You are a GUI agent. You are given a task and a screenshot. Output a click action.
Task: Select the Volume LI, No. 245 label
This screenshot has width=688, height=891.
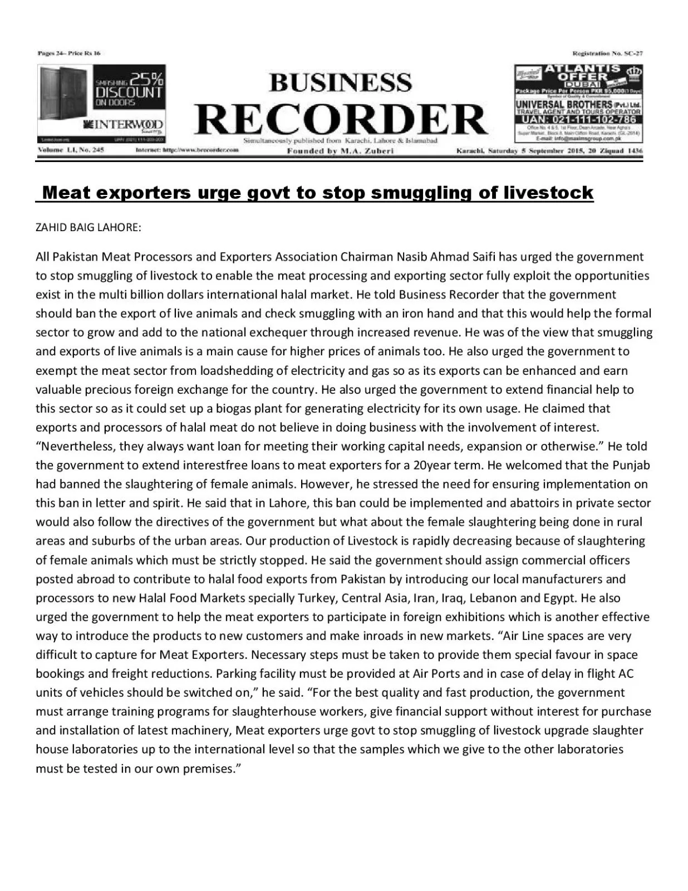pos(71,150)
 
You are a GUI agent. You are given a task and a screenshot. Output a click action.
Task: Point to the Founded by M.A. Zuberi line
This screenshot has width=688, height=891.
pos(340,151)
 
